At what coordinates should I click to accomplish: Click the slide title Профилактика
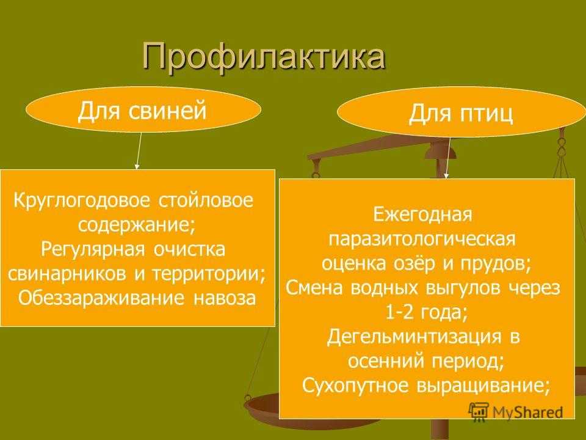tap(264, 57)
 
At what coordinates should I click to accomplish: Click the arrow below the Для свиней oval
tap(139, 150)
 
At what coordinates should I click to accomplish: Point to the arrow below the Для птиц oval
tap(447, 158)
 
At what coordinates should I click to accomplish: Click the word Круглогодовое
tap(82, 201)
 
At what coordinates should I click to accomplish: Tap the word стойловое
tap(206, 201)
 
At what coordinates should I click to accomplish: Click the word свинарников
tap(68, 274)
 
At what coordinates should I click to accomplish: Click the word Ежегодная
tap(422, 215)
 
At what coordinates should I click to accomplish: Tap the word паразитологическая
tap(422, 240)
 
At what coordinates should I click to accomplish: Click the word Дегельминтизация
tap(414, 337)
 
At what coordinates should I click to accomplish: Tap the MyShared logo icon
tap(479, 411)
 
